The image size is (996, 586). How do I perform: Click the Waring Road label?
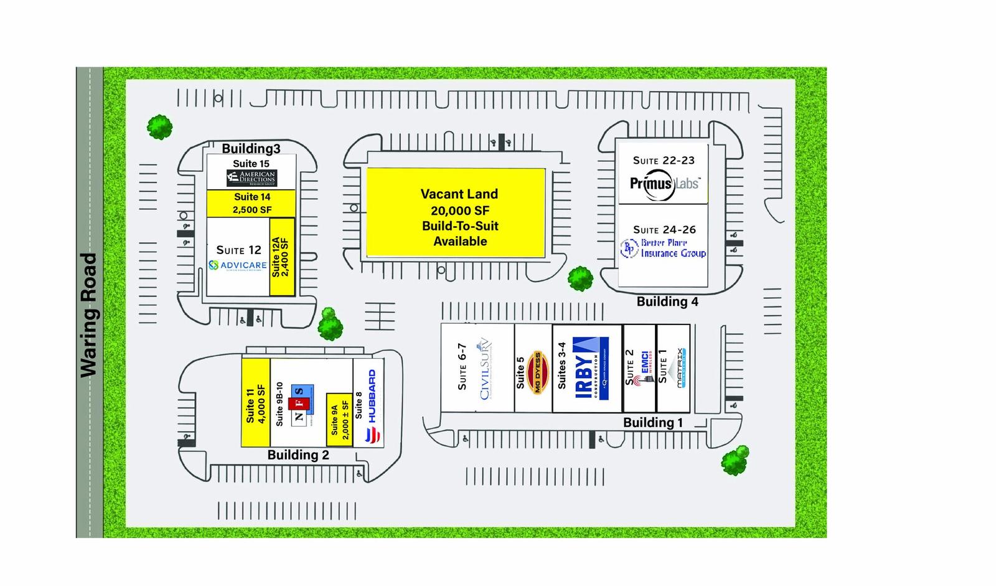tap(89, 314)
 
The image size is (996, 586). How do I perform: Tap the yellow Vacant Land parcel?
tap(456, 213)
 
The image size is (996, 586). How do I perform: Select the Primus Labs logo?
tap(664, 184)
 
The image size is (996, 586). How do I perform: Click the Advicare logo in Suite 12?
tap(238, 265)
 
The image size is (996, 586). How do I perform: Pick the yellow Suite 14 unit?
tap(251, 204)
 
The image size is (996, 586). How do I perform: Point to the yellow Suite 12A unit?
tap(281, 257)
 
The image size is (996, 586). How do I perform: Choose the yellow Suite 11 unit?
tap(255, 402)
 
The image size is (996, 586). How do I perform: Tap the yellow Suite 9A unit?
tap(339, 419)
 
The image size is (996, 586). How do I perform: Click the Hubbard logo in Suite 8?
tap(372, 406)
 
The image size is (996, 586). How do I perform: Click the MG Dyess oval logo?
tap(537, 372)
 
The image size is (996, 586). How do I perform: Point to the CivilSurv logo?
tap(485, 369)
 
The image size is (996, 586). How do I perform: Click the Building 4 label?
tap(667, 302)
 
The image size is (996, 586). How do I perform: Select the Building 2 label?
tap(298, 455)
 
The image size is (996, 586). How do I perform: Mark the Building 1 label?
tap(652, 423)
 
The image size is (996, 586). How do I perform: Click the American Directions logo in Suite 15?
tap(251, 178)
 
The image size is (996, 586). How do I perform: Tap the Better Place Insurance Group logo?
tap(664, 248)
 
